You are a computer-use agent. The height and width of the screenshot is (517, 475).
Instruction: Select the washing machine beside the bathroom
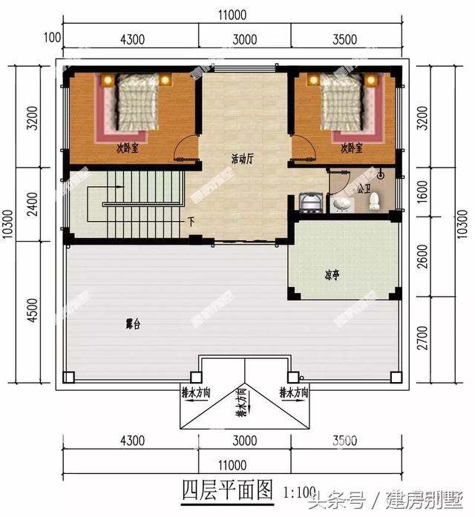point(308,201)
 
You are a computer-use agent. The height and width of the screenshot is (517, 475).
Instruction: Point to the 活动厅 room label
point(242,158)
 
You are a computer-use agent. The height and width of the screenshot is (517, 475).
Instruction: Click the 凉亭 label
point(332,274)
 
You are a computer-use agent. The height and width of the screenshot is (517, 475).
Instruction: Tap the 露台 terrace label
point(134,324)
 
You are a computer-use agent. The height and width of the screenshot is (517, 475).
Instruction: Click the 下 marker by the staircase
point(191,221)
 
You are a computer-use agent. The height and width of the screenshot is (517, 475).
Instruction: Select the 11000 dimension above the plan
point(232,14)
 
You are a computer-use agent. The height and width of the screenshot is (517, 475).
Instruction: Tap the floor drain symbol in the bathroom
point(380,175)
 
